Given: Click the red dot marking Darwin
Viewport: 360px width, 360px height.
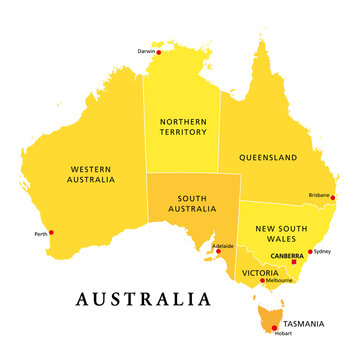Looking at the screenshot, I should (158, 52).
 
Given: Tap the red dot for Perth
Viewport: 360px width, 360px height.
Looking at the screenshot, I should (52, 233).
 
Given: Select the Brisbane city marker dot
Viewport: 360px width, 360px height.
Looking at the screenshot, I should (333, 197).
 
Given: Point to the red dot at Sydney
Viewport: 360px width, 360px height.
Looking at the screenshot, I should (311, 252).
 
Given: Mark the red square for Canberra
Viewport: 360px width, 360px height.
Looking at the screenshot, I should (294, 262).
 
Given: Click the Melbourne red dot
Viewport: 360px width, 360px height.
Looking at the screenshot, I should (263, 281).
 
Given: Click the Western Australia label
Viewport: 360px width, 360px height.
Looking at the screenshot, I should (85, 175).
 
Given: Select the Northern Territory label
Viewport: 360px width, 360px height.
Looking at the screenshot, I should (182, 126).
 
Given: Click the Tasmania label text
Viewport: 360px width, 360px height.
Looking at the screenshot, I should (302, 323).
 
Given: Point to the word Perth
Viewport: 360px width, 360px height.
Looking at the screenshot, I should (40, 234).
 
